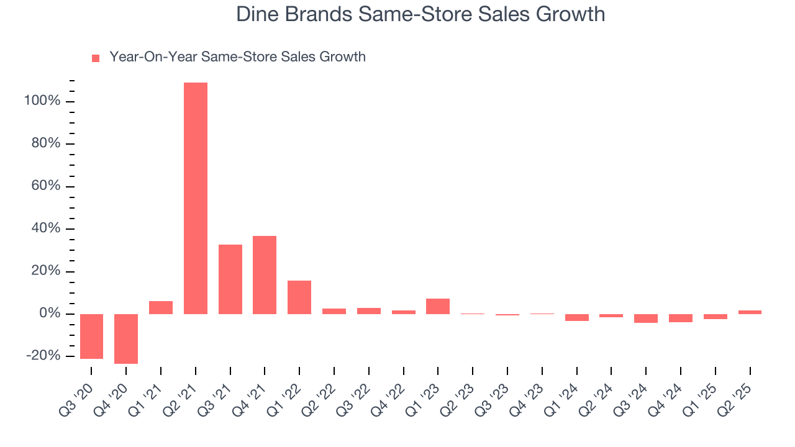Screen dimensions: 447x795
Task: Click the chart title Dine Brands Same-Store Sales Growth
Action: (420, 14)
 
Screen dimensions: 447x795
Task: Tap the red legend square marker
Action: (96, 58)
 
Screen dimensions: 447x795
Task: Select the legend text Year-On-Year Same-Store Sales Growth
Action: (237, 57)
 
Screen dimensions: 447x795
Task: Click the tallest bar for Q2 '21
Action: (196, 198)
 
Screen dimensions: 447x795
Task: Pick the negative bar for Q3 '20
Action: (92, 336)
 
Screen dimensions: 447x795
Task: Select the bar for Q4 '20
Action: (126, 338)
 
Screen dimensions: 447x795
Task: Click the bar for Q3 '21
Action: (230, 279)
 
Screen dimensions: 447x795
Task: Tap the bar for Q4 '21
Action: (265, 274)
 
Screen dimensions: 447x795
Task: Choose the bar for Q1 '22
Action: (299, 297)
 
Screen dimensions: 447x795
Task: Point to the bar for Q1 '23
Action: (438, 306)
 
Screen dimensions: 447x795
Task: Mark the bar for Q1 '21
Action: (161, 307)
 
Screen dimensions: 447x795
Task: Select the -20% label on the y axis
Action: (42, 356)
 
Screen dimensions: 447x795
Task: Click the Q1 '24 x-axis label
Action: (566, 397)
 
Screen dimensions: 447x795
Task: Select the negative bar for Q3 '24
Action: (646, 318)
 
